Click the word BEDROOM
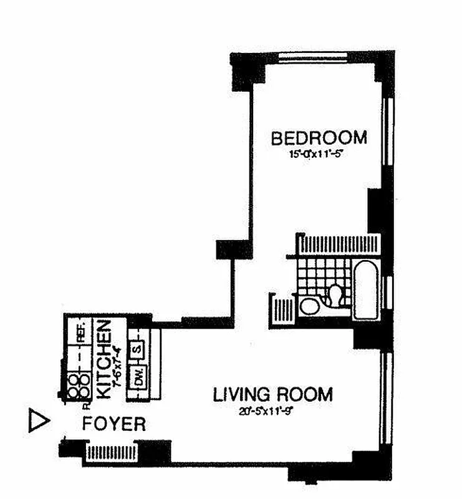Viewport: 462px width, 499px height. click(318, 137)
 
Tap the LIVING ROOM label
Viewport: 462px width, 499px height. click(273, 395)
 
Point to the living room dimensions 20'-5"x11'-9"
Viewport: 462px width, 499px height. click(274, 410)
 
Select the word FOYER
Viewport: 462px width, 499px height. click(115, 425)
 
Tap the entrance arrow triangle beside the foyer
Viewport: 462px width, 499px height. click(39, 421)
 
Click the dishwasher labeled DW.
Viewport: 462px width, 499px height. click(138, 377)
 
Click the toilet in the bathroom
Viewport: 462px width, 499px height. click(337, 295)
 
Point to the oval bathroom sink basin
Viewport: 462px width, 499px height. click(308, 306)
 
